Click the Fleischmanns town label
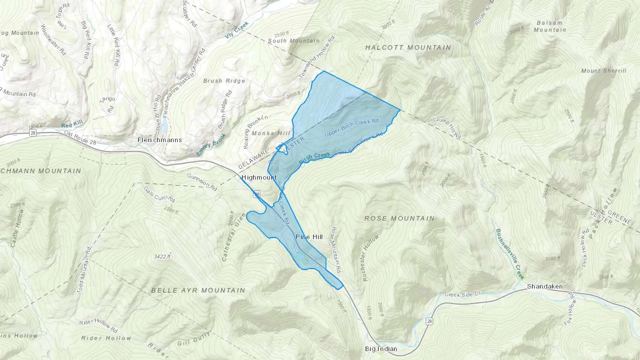[x=160, y=140]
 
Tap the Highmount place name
[x=259, y=177]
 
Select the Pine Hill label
[x=309, y=237]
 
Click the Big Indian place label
[x=381, y=349]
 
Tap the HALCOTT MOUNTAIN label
[x=408, y=47]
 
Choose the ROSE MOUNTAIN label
[x=399, y=218]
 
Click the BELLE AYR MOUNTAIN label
[x=198, y=290]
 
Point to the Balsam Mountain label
[x=550, y=26]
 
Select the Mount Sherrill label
[x=604, y=71]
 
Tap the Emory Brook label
[x=211, y=145]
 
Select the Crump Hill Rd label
[x=447, y=128]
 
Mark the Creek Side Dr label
[x=463, y=294]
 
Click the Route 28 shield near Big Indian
[x=430, y=321]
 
